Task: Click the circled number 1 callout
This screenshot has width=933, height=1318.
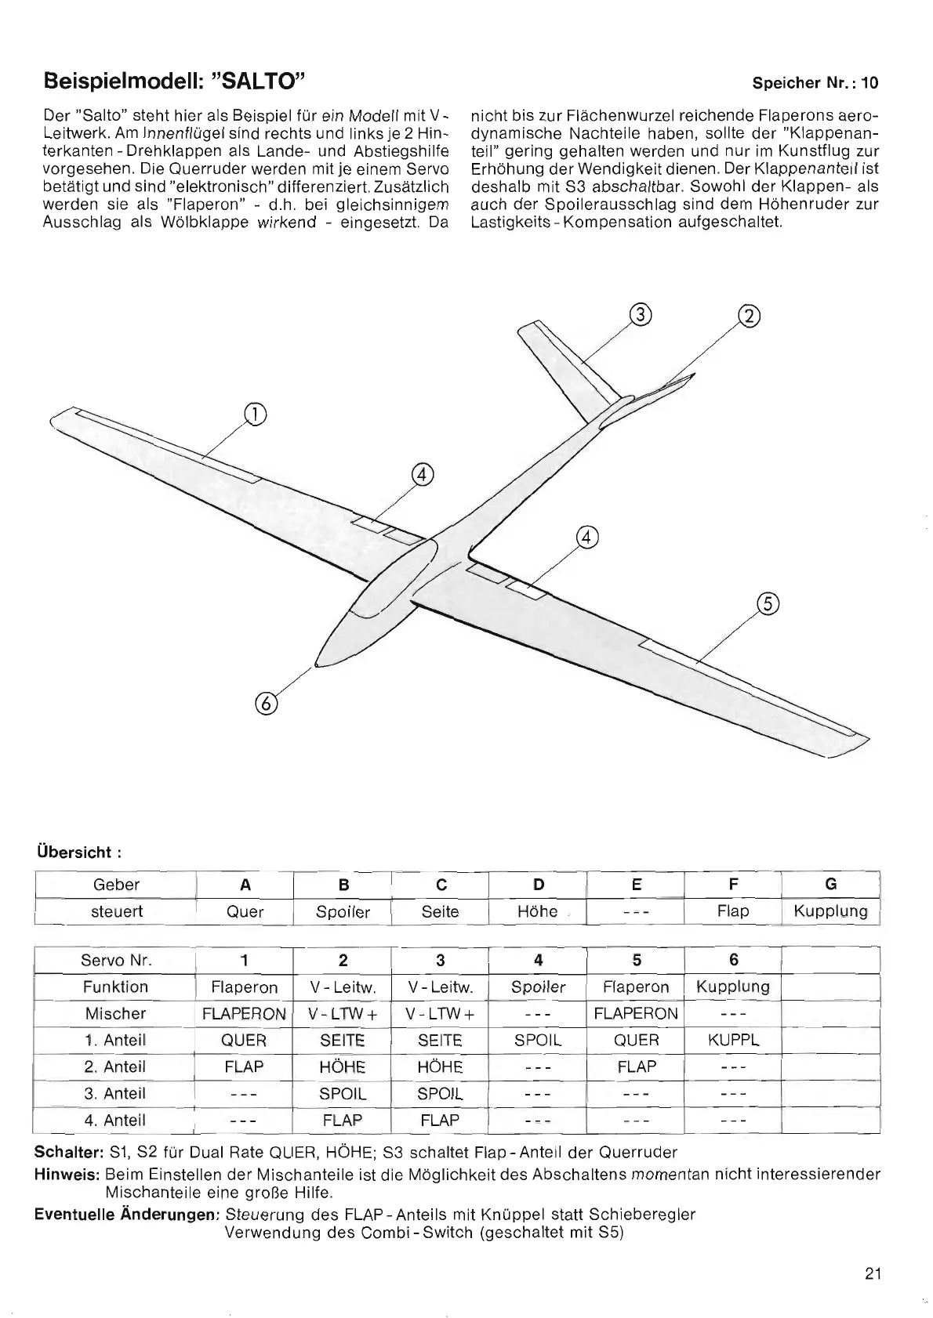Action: pyautogui.click(x=255, y=414)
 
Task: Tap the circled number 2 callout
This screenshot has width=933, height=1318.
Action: pyautogui.click(x=750, y=316)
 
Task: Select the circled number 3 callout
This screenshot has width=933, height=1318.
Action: pyautogui.click(x=641, y=315)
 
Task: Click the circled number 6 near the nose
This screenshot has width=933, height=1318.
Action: pyautogui.click(x=266, y=704)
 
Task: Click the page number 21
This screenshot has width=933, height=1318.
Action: pyautogui.click(x=873, y=1274)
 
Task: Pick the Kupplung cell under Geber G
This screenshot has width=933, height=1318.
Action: pyautogui.click(x=830, y=911)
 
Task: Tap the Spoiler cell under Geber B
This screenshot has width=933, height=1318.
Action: pyautogui.click(x=343, y=912)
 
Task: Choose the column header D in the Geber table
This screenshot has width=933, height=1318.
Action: pyautogui.click(x=538, y=885)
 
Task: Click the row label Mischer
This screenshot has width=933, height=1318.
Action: pyautogui.click(x=115, y=1013)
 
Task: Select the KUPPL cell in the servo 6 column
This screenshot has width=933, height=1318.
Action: pyautogui.click(x=733, y=1041)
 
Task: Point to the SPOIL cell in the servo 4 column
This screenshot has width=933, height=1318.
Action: pyautogui.click(x=538, y=1041)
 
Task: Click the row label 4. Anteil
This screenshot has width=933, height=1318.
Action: pyautogui.click(x=115, y=1121)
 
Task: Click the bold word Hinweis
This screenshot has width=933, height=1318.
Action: pyautogui.click(x=67, y=1175)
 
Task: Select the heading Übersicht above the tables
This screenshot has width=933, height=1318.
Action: pyautogui.click(x=78, y=851)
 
